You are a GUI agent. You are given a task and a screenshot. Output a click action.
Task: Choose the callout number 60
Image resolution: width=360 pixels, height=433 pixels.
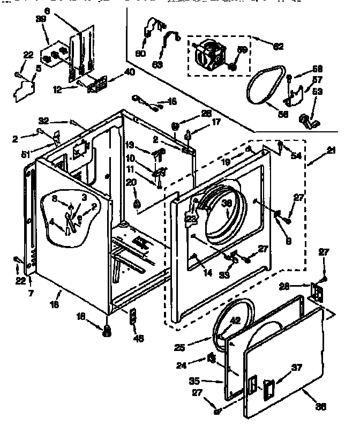coord(140,53)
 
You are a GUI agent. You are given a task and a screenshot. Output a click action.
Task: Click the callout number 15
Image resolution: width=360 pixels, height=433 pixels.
coord(171,101)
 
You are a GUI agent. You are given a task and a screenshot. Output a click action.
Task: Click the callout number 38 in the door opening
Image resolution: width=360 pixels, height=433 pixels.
coord(227,203)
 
